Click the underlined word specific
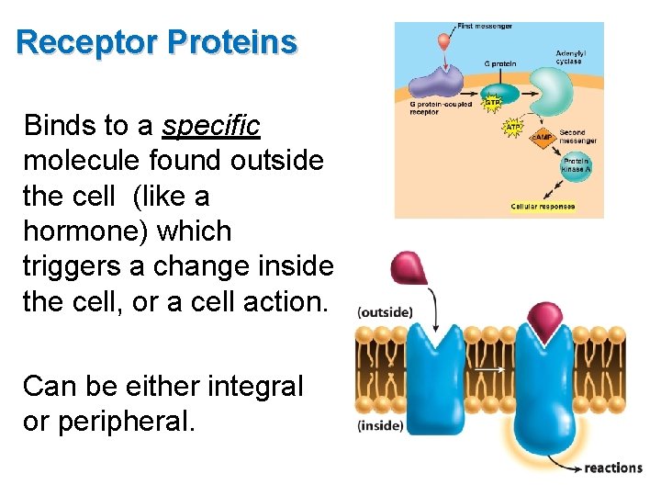211,124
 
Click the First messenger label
485,27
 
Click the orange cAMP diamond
542,138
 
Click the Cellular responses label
543,206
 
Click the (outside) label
385,312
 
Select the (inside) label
380,425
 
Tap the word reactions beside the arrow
613,468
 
